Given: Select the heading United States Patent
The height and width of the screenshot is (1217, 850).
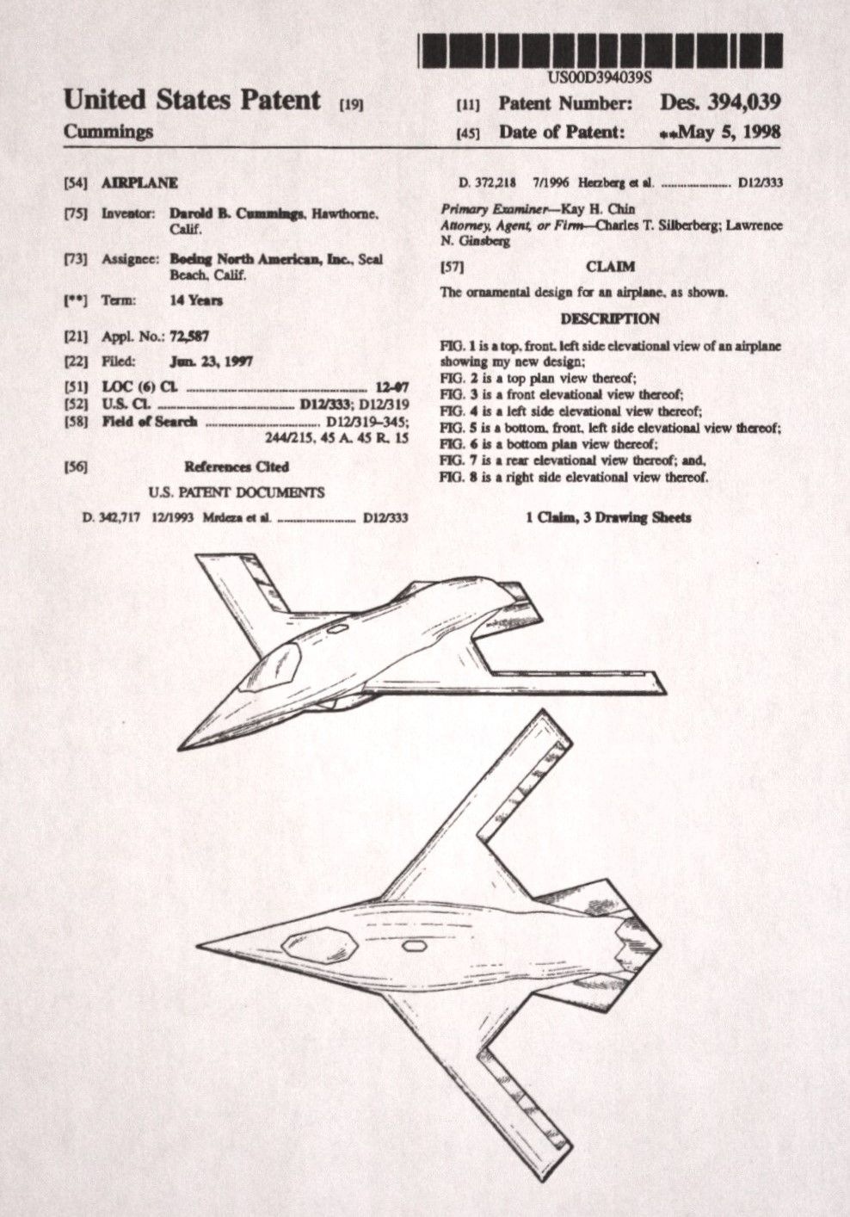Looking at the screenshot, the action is (192, 100).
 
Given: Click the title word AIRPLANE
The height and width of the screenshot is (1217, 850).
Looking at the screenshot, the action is (139, 182).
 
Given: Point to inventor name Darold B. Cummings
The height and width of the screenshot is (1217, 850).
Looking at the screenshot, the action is (237, 213).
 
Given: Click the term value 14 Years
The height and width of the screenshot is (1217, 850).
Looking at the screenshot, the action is (196, 300).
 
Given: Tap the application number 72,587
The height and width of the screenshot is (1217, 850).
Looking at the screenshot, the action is (190, 337).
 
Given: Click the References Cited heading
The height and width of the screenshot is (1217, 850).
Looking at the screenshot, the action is (236, 466).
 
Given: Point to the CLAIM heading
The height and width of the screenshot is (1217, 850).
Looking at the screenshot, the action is (610, 267).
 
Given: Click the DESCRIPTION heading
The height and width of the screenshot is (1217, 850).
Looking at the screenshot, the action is (610, 318).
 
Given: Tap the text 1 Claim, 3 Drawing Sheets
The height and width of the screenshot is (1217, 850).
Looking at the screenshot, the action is (608, 517).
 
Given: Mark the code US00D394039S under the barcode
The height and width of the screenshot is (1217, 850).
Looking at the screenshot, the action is (600, 76).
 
